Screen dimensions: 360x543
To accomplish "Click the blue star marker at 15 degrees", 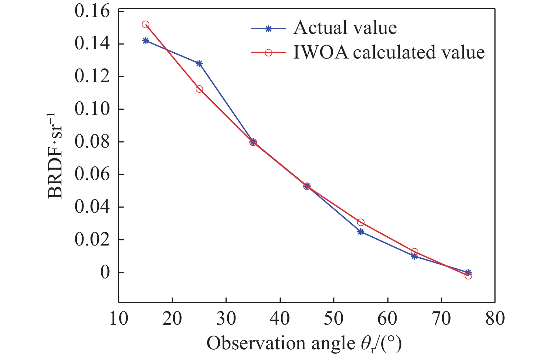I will click(x=145, y=40).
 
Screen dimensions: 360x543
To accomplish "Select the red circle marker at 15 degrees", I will click(x=145, y=25).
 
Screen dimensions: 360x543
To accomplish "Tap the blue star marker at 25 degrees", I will click(x=199, y=63).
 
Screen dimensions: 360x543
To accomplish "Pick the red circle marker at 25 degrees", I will click(x=199, y=89).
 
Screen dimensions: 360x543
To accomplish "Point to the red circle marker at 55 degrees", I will click(x=361, y=222).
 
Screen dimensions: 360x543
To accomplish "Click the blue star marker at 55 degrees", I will click(x=361, y=232).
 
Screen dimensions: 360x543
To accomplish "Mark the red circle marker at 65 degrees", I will click(x=414, y=252).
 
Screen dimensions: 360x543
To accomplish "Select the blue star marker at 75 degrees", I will click(x=468, y=272).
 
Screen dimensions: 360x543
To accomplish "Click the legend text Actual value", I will click(x=345, y=28).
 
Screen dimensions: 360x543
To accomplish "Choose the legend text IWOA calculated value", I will click(x=389, y=52).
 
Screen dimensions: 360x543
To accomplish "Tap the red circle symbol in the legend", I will click(x=269, y=53).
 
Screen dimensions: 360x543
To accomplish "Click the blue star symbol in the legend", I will click(x=269, y=28).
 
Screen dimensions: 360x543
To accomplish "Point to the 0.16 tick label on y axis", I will click(x=92, y=11).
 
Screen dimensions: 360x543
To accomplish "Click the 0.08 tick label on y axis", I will click(x=92, y=142).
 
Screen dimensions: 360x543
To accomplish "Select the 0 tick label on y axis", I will click(x=105, y=273).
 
